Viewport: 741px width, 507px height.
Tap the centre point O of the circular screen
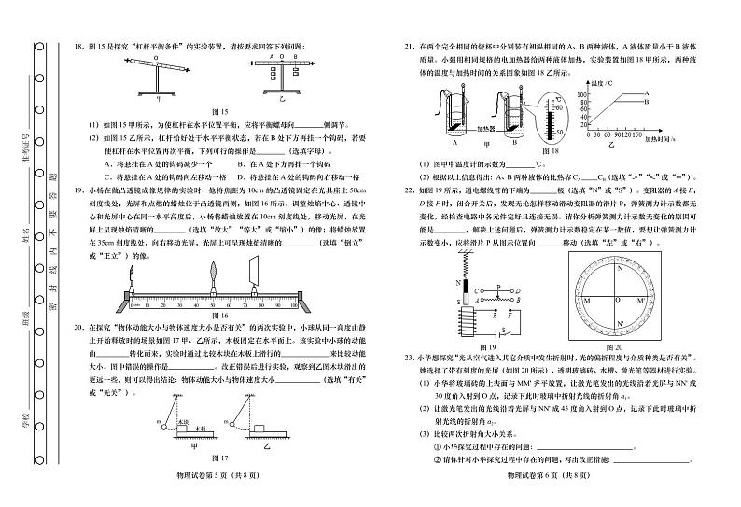click(616, 300)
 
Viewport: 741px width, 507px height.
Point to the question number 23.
click(408, 357)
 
